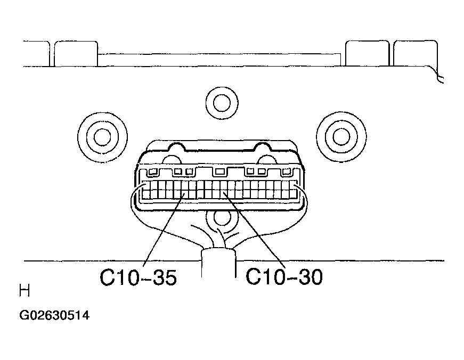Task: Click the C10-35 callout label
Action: click(138, 277)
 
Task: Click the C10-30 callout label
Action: click(284, 277)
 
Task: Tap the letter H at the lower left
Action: click(25, 290)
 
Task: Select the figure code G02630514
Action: click(54, 315)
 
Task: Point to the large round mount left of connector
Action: click(102, 137)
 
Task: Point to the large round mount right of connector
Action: click(341, 137)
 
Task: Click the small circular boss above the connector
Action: click(222, 103)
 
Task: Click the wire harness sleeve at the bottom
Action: click(219, 263)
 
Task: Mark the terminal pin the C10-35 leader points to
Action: click(184, 194)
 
